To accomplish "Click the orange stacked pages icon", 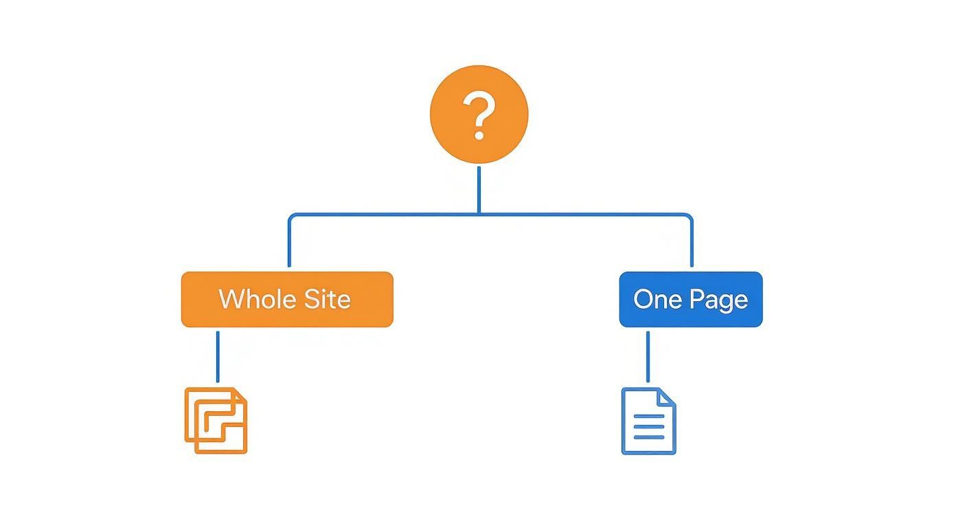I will pos(216,421).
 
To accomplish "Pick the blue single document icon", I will pos(648,421).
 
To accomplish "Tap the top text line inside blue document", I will pos(648,417).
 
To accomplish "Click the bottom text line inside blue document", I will pos(648,437).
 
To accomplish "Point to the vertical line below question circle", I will pos(479,189).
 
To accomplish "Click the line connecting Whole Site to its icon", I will pos(218,356).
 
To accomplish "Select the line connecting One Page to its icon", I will pos(648,356).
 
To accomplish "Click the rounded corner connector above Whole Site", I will pos(291,217).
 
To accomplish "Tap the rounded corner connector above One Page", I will pos(688,217).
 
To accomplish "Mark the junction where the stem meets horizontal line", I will pos(479,214).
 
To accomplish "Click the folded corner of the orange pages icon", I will pos(238,395).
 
